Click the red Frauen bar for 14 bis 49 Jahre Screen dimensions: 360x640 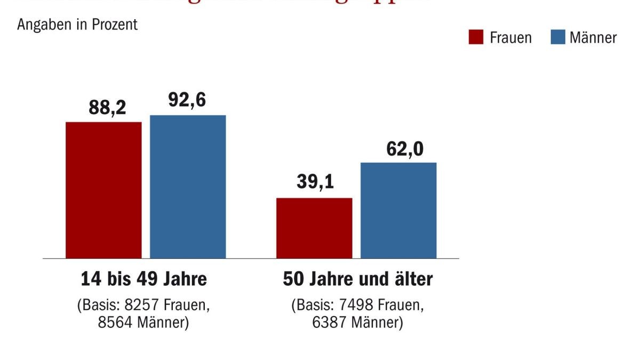click(x=103, y=190)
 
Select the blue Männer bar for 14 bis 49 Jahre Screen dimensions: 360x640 click(x=188, y=187)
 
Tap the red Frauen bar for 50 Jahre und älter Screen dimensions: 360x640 click(x=314, y=228)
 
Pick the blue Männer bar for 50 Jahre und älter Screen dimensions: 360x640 click(x=398, y=210)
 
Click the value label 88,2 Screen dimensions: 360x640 click(x=107, y=108)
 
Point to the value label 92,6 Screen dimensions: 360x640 click(x=187, y=101)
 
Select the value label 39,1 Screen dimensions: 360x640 click(x=315, y=183)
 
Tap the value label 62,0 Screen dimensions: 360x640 click(x=404, y=149)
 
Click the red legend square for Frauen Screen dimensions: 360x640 click(x=476, y=37)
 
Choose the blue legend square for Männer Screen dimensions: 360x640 click(x=557, y=37)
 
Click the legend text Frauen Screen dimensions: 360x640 click(x=510, y=38)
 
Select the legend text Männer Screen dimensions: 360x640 click(x=593, y=38)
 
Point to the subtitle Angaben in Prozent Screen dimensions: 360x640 click(x=77, y=25)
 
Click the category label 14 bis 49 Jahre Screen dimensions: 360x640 click(x=143, y=279)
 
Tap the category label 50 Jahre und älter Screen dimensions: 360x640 click(x=357, y=279)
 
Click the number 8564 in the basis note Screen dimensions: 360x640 click(x=114, y=323)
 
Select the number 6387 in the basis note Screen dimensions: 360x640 click(x=329, y=323)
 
